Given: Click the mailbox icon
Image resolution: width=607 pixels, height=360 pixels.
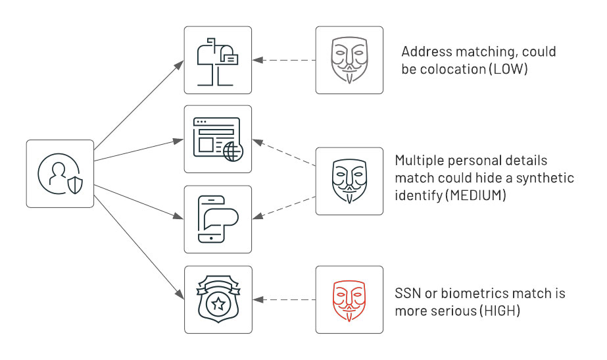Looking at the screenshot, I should (218, 60).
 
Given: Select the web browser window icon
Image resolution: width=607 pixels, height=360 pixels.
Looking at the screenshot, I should (218, 140).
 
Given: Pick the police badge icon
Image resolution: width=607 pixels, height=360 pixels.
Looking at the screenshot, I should (218, 299).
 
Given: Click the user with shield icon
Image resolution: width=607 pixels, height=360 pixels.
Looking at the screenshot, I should (60, 173).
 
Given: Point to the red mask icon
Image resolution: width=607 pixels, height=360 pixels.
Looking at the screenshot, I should (349, 299).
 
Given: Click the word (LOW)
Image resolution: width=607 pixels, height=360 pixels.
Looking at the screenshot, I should (508, 68).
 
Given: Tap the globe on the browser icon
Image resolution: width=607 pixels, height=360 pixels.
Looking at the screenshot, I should (232, 151).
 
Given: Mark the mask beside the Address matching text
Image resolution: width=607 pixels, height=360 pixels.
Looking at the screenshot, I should (349, 60).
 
